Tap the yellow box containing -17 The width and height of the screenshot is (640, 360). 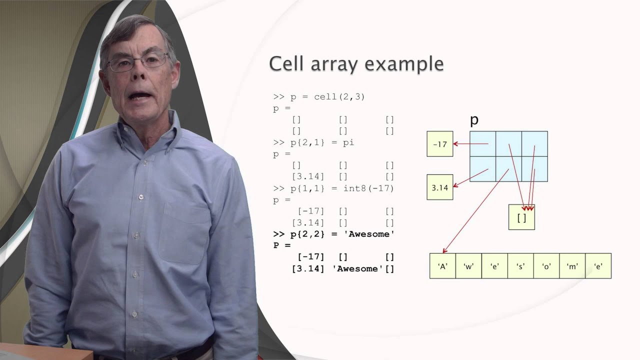[439, 144]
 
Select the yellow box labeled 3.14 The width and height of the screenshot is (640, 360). [439, 187]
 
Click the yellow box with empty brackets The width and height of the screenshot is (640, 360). [521, 217]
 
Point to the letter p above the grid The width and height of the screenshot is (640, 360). [474, 120]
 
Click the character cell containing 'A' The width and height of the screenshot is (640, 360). [442, 266]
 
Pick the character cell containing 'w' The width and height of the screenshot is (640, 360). [468, 266]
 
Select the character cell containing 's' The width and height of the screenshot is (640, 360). [520, 266]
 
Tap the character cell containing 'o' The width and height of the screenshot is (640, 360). [546, 266]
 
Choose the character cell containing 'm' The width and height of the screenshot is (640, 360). [572, 266]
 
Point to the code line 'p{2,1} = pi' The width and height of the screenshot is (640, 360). [313, 142]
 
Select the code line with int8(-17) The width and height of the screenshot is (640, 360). [333, 188]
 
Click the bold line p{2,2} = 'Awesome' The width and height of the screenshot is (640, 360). [333, 234]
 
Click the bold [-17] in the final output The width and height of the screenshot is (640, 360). [310, 257]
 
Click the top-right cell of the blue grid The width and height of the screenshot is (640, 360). [534, 144]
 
